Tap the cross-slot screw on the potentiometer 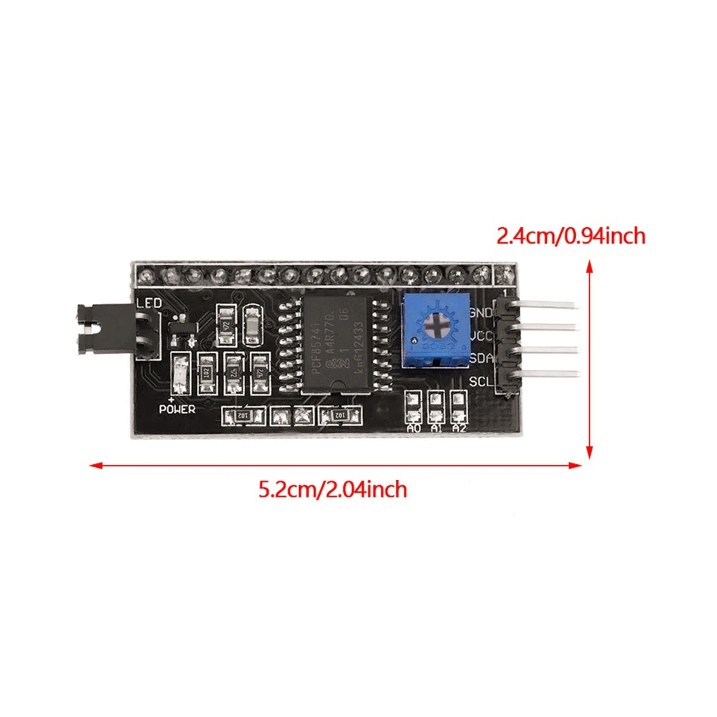click(437, 325)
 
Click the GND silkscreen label click(481, 312)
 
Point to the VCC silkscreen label click(481, 335)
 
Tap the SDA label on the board click(481, 358)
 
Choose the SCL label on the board click(481, 381)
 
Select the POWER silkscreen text click(177, 408)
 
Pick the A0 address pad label click(413, 428)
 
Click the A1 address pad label click(435, 428)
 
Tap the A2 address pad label click(458, 428)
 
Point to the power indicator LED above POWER click(180, 373)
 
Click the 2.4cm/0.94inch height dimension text click(571, 236)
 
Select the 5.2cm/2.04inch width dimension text click(333, 490)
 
